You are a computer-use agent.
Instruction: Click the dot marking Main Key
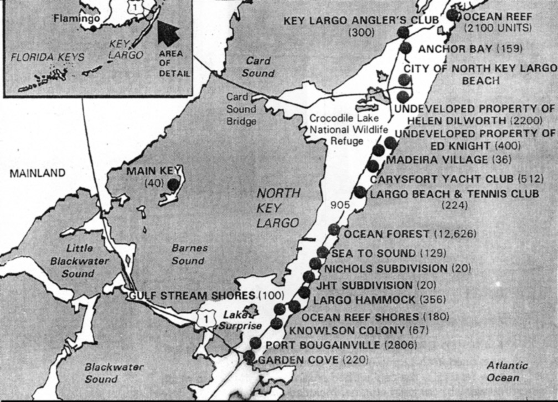point(174,184)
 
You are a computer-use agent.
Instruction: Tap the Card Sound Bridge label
point(241,109)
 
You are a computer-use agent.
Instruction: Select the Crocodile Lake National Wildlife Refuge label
point(336,130)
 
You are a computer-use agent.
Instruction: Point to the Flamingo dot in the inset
point(94,28)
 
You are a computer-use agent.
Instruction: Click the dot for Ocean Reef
point(453,15)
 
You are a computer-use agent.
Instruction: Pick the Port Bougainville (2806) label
point(341,345)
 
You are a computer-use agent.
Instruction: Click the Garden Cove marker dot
point(250,357)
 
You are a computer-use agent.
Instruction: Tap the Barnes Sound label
point(188,255)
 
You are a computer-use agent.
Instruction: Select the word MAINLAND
point(37,173)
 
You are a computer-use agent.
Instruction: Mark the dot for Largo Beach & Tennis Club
point(359,192)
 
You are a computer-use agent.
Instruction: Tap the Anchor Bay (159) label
point(470,49)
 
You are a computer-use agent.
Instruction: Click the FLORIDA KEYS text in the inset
point(48,57)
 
